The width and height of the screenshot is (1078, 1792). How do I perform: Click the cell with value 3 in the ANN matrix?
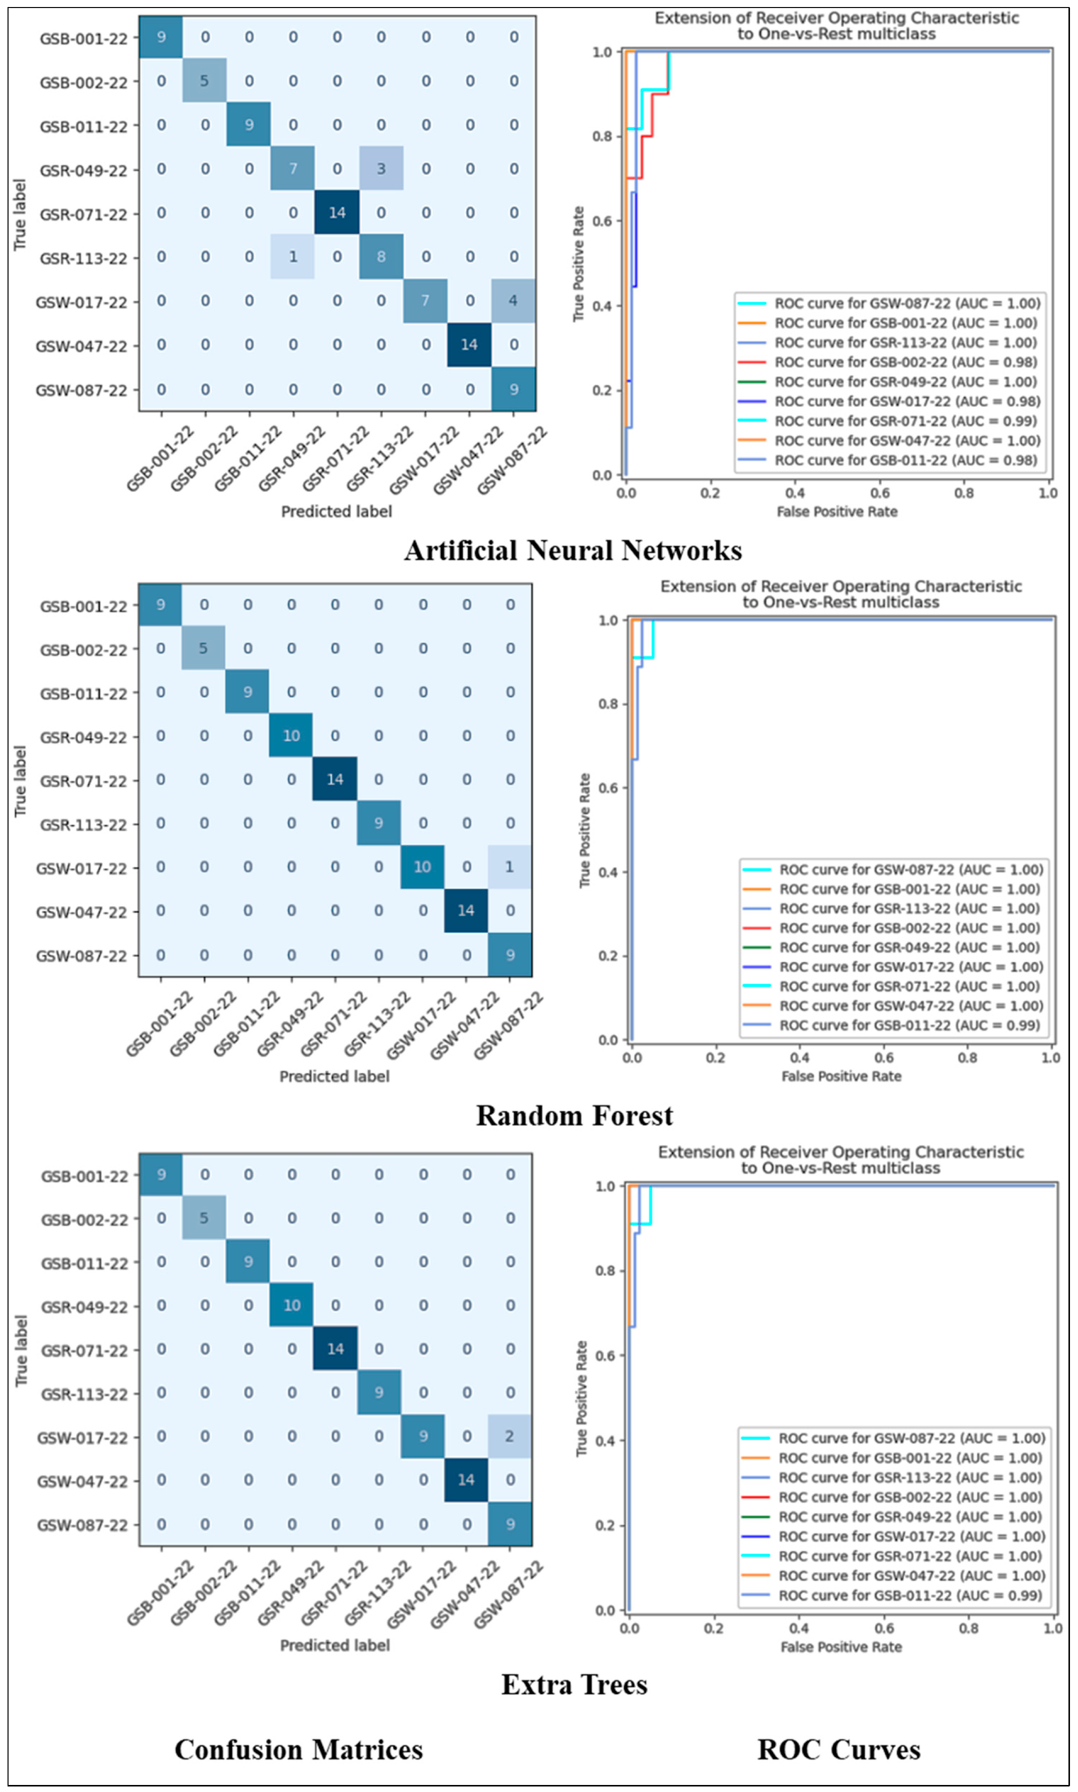coord(380,169)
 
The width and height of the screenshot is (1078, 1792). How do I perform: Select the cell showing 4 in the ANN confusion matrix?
coord(513,301)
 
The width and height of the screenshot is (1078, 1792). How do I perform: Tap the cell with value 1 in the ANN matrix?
coord(293,257)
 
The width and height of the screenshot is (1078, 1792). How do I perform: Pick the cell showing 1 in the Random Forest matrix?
coord(509,866)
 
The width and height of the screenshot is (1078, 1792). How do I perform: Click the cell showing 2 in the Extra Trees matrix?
coord(509,1436)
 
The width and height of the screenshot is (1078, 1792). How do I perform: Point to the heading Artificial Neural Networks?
coord(573,551)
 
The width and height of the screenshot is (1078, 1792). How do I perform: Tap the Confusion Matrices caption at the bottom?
coord(299,1750)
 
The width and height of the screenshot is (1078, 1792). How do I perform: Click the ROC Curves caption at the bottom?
coord(839,1750)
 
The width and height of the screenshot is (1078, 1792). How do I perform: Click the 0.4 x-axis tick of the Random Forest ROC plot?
coord(800,1058)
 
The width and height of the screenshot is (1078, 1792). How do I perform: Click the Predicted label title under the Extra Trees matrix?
coord(335,1645)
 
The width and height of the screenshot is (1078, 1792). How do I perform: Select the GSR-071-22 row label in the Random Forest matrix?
coord(83,781)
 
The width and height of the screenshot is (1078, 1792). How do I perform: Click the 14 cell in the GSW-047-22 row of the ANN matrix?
coord(469,345)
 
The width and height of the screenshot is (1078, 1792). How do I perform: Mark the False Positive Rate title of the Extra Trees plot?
coord(841,1647)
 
